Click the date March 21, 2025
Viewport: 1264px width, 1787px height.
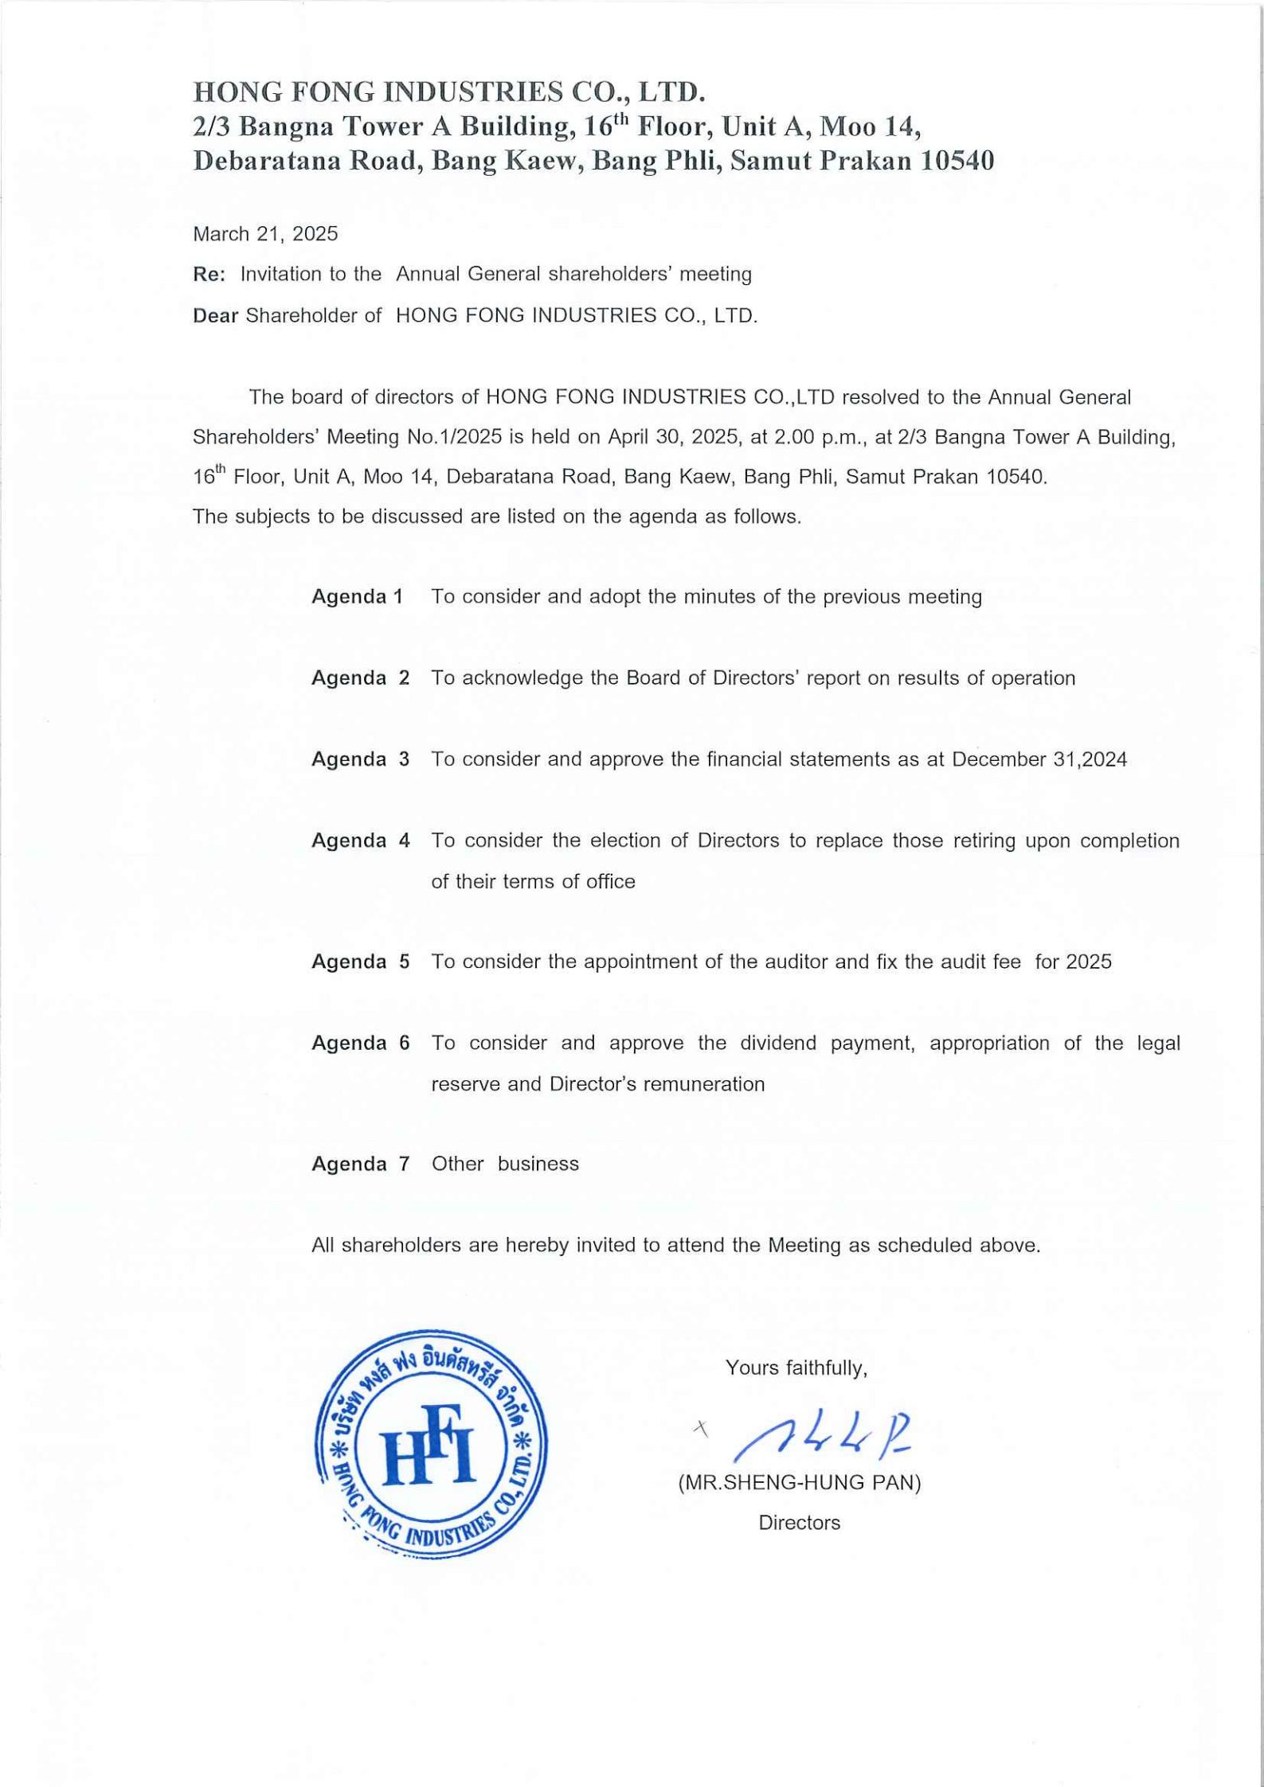265,234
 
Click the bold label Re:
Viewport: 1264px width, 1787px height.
209,275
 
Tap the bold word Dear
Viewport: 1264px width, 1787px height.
215,316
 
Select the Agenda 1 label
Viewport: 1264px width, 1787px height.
358,597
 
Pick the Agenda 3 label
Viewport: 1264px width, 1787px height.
361,759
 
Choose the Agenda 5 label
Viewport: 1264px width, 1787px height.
361,962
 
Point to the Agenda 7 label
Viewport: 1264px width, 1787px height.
361,1164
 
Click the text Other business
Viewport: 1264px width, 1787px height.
505,1164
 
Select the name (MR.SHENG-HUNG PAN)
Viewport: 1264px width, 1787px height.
800,1482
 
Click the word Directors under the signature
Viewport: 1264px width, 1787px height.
799,1523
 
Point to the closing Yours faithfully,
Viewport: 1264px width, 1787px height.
796,1368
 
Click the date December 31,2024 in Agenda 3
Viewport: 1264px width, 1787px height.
1039,759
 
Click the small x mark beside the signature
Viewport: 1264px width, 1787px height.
701,1428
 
